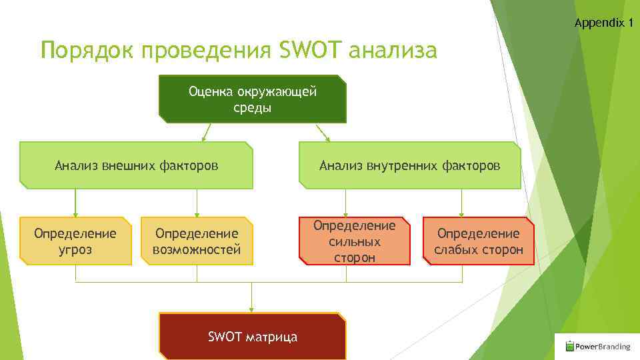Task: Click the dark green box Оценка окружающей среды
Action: pyautogui.click(x=253, y=99)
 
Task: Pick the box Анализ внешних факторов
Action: pyautogui.click(x=136, y=165)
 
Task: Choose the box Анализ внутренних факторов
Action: pyautogui.click(x=409, y=165)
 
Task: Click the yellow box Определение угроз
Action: pyautogui.click(x=75, y=241)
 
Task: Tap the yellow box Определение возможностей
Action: pyautogui.click(x=197, y=241)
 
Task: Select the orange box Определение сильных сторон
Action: pyautogui.click(x=354, y=241)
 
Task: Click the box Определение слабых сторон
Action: pyautogui.click(x=478, y=241)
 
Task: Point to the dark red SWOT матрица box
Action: pyautogui.click(x=253, y=337)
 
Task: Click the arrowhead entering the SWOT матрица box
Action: pyautogui.click(x=252, y=309)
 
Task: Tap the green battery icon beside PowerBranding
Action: pyautogui.click(x=569, y=346)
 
